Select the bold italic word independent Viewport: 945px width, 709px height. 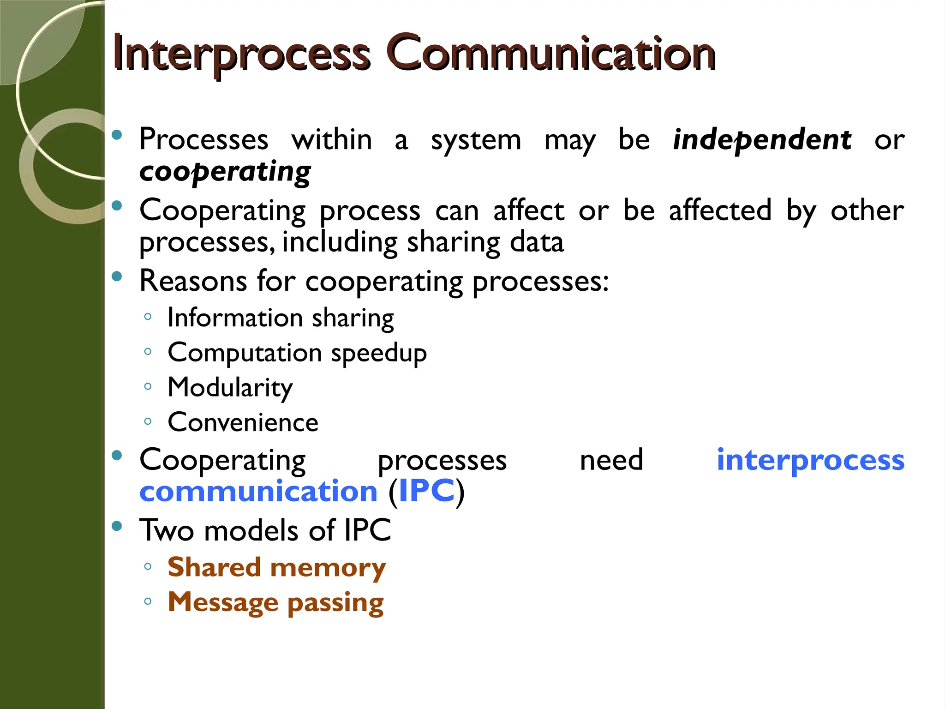click(762, 140)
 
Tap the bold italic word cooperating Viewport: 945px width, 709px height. click(225, 172)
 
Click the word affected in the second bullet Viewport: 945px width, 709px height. click(720, 210)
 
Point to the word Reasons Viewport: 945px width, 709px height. click(193, 281)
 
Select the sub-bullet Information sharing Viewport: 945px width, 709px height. click(281, 318)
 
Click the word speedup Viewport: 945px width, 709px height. click(379, 354)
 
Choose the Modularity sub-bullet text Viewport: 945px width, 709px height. click(230, 388)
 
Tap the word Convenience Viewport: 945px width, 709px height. click(243, 422)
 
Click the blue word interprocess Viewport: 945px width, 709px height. click(810, 460)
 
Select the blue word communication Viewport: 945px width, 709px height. click(258, 491)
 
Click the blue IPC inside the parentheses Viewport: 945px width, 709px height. click(426, 491)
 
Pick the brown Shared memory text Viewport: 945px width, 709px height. click(276, 567)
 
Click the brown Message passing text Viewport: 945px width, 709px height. click(275, 602)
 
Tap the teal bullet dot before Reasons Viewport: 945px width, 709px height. click(117, 276)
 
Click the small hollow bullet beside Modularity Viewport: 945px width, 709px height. click(148, 386)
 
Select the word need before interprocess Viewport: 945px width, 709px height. click(611, 460)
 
